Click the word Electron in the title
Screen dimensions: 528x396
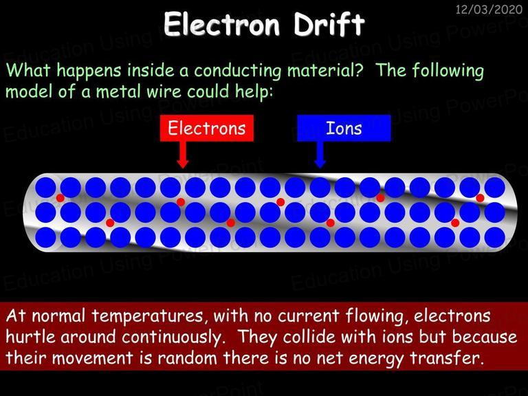point(222,24)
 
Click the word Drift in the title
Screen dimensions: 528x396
point(329,23)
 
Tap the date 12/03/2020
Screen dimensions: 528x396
point(489,9)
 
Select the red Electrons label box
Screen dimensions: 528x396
point(207,129)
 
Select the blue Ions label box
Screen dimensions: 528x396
point(344,129)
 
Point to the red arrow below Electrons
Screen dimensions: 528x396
point(182,155)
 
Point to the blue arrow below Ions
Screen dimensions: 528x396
point(320,155)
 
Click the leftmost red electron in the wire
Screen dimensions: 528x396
point(60,198)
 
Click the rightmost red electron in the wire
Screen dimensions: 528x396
point(480,198)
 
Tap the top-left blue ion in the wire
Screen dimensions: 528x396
point(45,188)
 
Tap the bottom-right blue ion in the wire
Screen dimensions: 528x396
point(495,237)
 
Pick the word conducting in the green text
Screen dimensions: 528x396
point(237,71)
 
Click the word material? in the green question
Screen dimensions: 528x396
point(325,70)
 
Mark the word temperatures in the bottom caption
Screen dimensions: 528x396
point(148,317)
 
